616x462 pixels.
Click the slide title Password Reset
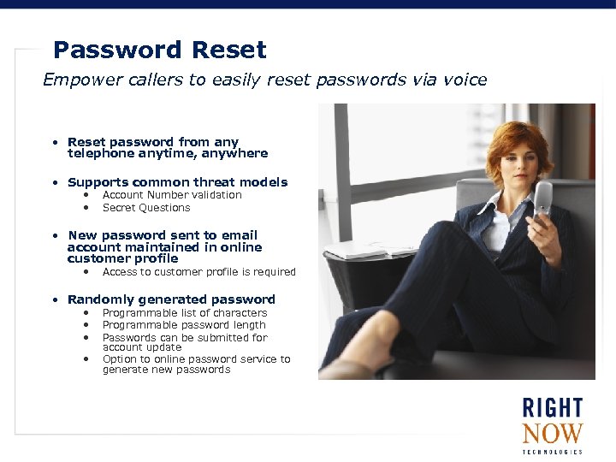pyautogui.click(x=159, y=50)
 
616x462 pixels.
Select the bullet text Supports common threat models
pyautogui.click(x=177, y=182)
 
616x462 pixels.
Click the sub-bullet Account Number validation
pyautogui.click(x=172, y=195)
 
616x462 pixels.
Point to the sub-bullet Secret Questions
pyautogui.click(x=146, y=208)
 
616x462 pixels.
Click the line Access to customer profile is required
pyautogui.click(x=198, y=272)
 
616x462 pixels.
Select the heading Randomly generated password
pyautogui.click(x=171, y=299)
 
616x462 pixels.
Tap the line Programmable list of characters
pyautogui.click(x=185, y=313)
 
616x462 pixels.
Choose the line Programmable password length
pyautogui.click(x=184, y=325)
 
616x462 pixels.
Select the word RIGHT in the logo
pyautogui.click(x=553, y=407)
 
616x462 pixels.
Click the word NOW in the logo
pyautogui.click(x=553, y=433)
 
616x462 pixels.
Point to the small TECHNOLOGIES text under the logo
pyautogui.click(x=553, y=452)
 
